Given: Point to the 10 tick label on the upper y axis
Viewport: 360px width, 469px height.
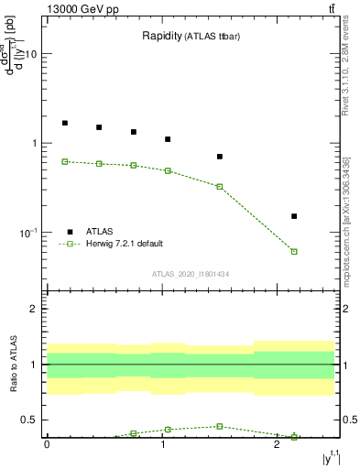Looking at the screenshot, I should [x=30, y=54].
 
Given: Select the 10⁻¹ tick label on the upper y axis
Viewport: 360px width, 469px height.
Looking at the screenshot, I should [x=28, y=233].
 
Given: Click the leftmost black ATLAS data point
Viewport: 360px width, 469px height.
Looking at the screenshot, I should [x=65, y=123].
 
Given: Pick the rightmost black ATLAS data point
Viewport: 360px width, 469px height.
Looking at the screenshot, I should [x=294, y=216].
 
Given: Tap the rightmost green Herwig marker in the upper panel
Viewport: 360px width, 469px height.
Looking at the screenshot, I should [x=294, y=251].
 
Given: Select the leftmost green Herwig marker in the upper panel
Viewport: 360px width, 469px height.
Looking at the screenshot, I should [x=65, y=161].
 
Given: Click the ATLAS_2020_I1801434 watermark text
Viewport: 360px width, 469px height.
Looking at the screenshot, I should [x=190, y=274].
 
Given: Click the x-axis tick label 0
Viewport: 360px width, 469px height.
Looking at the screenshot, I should [x=47, y=444].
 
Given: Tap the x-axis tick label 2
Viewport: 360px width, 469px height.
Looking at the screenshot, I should [x=277, y=444].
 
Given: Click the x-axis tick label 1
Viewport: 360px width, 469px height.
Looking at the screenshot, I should [x=162, y=444].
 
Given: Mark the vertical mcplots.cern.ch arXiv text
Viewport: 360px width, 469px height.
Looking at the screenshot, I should [x=346, y=220].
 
